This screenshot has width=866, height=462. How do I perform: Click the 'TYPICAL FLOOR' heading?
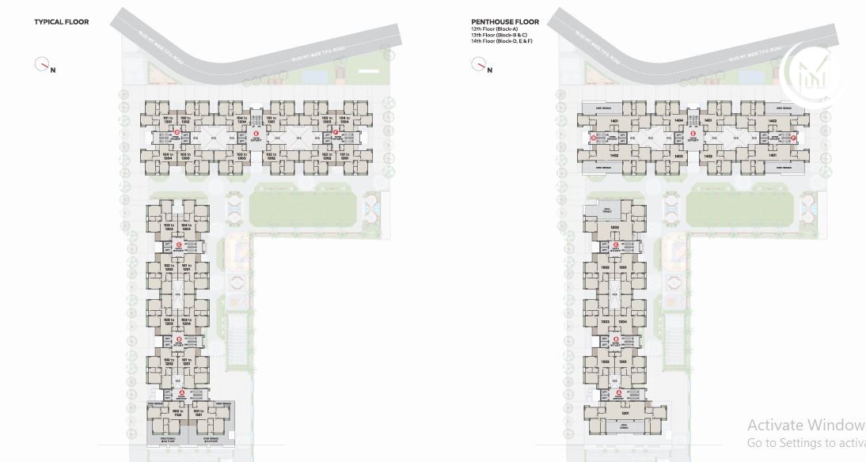coord(61,22)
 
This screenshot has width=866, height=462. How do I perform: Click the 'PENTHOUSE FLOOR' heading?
coord(503,22)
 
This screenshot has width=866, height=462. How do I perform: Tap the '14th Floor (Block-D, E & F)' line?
coord(501,41)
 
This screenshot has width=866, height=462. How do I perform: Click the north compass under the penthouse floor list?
coord(478,65)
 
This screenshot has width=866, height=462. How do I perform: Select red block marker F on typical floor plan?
coord(336,133)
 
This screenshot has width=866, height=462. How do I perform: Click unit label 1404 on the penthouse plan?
coord(678,121)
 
